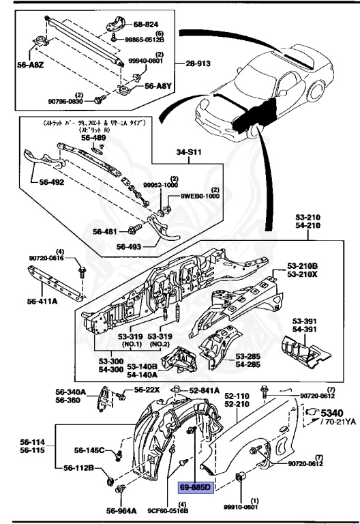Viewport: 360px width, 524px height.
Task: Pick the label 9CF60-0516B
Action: coord(166,510)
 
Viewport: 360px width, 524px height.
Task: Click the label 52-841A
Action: coord(204,390)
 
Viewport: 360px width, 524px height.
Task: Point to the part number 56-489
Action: coord(94,137)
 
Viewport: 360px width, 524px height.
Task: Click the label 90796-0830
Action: coord(65,102)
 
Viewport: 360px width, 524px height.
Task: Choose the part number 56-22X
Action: coord(147,390)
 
